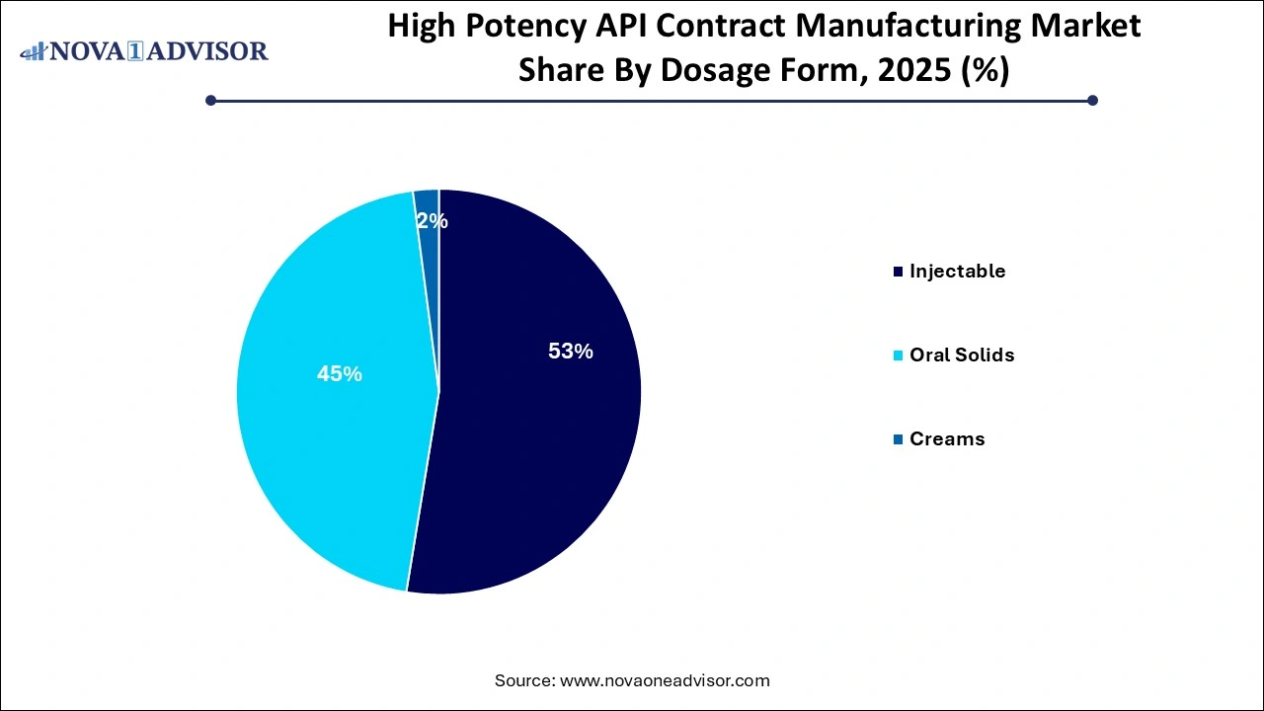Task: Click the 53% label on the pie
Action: click(570, 351)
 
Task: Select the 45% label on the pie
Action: click(339, 374)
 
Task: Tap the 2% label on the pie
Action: click(433, 222)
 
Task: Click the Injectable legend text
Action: click(957, 271)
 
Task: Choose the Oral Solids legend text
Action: click(962, 355)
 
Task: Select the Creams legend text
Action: click(947, 438)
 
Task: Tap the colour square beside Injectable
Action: click(898, 272)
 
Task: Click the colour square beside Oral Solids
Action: click(898, 355)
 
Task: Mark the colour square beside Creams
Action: click(898, 439)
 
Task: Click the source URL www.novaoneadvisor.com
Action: click(664, 680)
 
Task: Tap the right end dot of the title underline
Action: click(1092, 100)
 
